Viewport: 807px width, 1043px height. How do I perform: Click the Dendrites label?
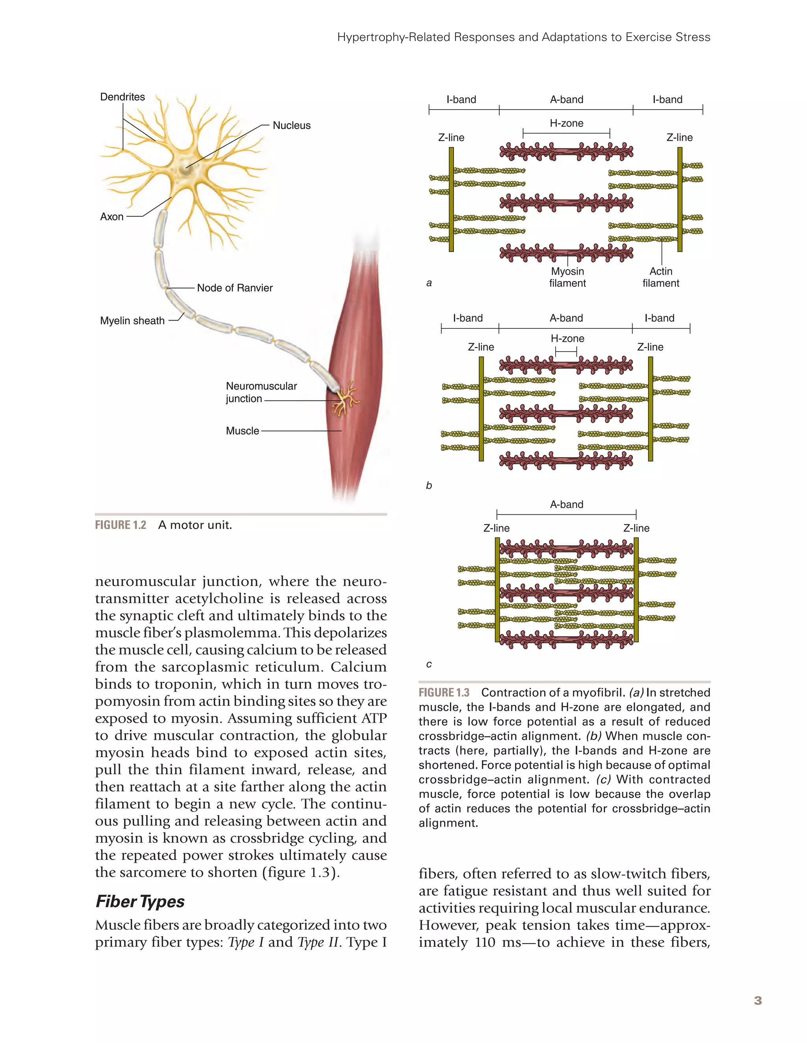coord(122,97)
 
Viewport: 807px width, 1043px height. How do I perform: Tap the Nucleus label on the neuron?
coord(291,126)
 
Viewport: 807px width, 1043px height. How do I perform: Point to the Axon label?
coord(112,217)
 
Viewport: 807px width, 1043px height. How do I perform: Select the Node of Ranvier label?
coord(234,288)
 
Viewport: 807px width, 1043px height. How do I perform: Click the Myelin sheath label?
coord(132,321)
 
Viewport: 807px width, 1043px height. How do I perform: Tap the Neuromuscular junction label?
coord(261,392)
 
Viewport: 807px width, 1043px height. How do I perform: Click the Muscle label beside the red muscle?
coord(242,431)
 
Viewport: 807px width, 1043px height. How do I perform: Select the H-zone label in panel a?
coord(566,123)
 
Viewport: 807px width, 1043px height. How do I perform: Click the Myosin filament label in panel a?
coord(567,277)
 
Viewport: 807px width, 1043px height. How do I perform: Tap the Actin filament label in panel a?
coord(661,277)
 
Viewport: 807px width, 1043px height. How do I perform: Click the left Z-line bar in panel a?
coord(451,199)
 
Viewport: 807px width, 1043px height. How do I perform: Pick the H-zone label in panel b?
coord(567,339)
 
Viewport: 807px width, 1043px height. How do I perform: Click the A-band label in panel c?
coord(566,504)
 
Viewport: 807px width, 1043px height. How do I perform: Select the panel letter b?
coord(429,486)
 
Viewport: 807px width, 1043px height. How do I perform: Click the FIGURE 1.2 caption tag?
coord(120,525)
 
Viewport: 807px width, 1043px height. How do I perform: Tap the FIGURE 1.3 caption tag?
coord(444,693)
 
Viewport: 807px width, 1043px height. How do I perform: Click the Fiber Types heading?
coord(140,901)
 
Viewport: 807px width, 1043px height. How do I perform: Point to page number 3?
coord(757,1001)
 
